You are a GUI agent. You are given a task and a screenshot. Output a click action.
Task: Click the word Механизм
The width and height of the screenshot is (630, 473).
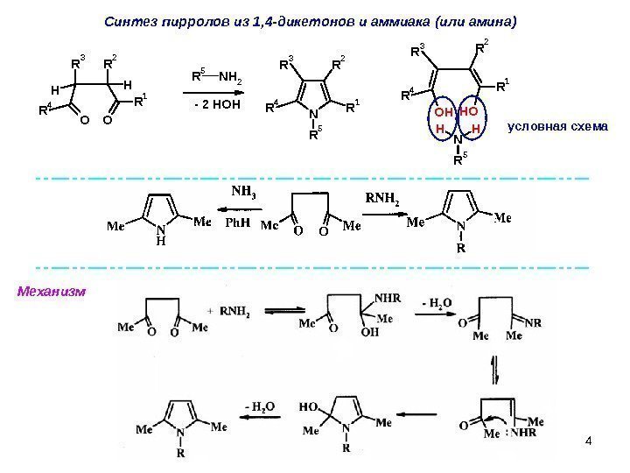(52, 290)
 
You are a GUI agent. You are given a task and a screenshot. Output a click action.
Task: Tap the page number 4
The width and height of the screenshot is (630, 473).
(588, 439)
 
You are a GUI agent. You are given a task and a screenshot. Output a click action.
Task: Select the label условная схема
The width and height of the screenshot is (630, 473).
(557, 128)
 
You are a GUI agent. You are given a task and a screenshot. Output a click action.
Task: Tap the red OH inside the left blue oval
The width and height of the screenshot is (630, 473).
(444, 113)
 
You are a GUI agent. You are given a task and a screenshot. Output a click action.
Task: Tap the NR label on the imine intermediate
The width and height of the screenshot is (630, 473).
(533, 322)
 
